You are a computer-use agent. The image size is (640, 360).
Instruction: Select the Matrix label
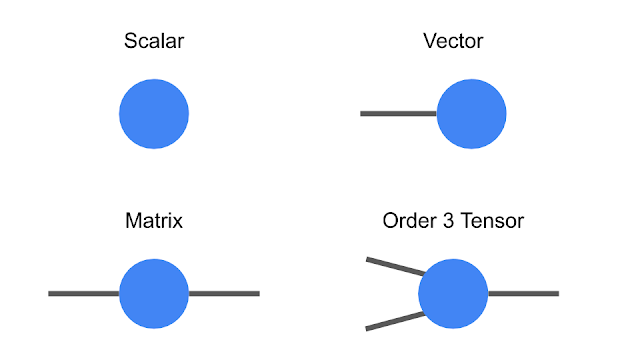[154, 220]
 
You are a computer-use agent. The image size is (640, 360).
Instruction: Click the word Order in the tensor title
[406, 220]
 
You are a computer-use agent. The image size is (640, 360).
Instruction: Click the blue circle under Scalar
[154, 114]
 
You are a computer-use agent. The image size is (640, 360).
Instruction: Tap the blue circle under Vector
[471, 114]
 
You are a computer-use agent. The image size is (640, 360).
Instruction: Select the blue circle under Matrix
[154, 293]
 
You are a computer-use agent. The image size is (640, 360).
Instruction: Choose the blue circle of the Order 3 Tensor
[453, 293]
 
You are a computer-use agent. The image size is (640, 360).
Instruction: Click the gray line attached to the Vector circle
[398, 114]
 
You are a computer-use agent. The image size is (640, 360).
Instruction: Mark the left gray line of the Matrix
[84, 293]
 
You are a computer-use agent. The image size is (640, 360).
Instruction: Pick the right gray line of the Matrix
[224, 293]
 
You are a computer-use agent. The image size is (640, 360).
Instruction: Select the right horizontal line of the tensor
[522, 293]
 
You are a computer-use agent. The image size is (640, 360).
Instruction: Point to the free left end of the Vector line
[363, 114]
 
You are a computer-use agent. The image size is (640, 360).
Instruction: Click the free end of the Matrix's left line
[51, 293]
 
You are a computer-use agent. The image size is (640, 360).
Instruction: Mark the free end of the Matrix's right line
[257, 293]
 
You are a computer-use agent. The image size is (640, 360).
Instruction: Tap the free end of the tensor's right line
[555, 293]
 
